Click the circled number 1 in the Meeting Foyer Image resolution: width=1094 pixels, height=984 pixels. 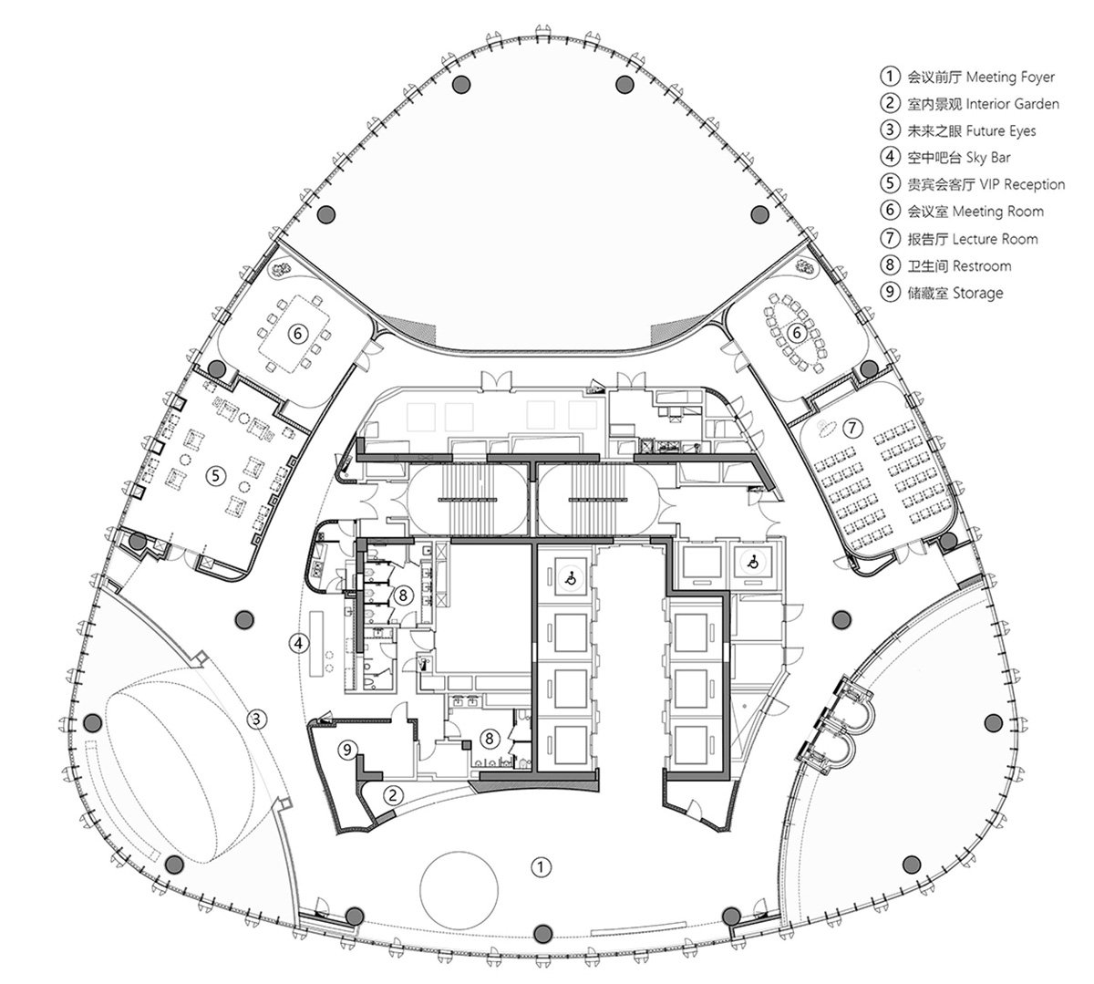coord(541,867)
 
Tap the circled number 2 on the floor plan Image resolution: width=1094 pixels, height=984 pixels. coord(393,795)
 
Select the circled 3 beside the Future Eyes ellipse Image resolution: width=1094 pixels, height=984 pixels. coord(257,719)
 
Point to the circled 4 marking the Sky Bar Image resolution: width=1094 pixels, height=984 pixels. coord(298,643)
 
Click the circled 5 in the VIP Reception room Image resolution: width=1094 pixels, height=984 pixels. coord(215,475)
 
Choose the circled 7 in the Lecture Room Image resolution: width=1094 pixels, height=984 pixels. coord(852,428)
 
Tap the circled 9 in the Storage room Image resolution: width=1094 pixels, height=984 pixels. coord(347,750)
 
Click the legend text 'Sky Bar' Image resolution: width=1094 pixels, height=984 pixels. coord(988,158)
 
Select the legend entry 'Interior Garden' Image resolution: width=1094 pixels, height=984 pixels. coord(1012,104)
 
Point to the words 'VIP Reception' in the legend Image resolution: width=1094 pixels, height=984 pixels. coord(1022,184)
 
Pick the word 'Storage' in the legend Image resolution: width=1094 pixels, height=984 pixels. coord(978,293)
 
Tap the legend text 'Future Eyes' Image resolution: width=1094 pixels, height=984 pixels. coord(1001,131)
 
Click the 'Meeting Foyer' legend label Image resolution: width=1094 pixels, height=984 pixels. coord(1010,77)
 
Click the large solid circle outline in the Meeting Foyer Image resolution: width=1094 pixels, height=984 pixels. coord(459,852)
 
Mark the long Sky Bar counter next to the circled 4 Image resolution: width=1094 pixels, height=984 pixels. coord(317,644)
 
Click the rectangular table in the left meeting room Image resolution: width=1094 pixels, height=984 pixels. coord(296,332)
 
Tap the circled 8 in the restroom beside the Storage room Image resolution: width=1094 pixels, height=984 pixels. coord(490,739)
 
